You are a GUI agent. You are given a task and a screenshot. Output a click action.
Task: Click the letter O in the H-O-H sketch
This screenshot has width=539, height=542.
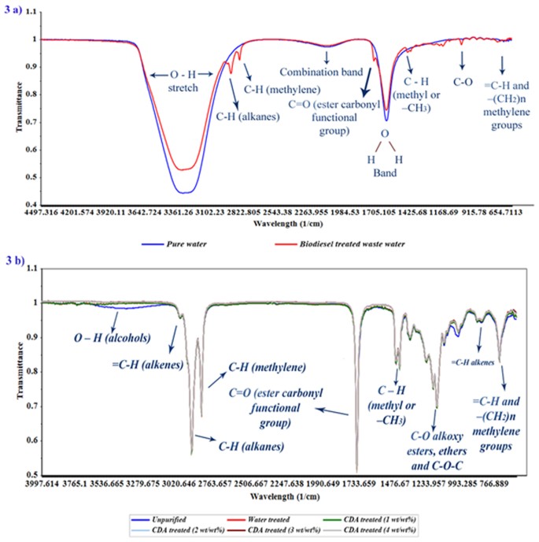click(x=385, y=134)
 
